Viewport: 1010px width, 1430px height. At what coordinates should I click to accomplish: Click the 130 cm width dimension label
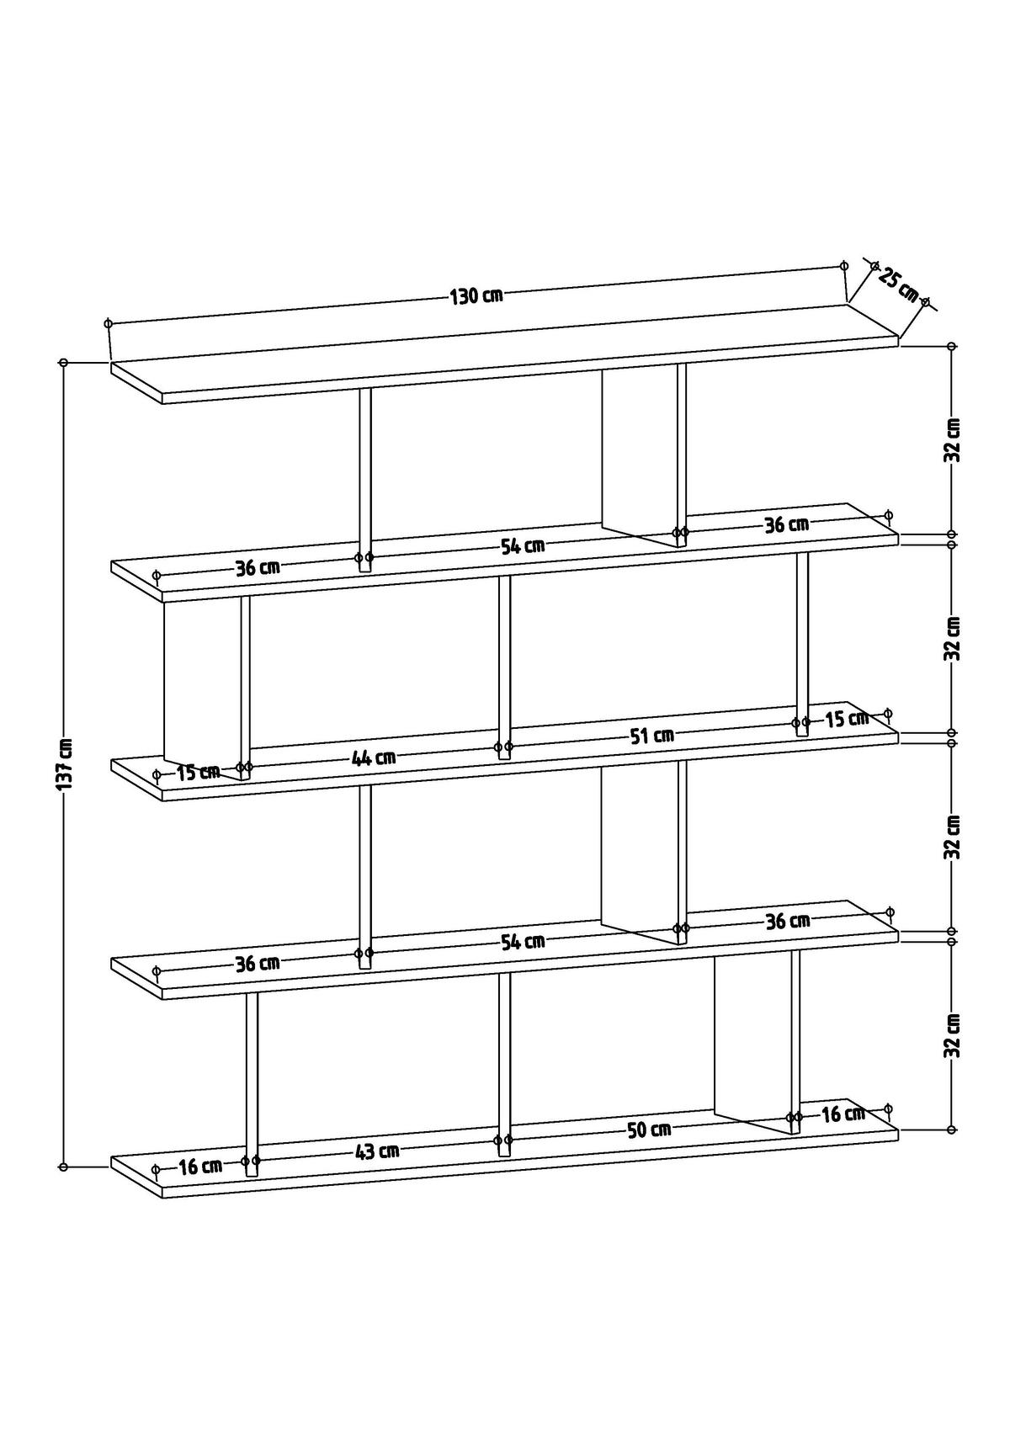pos(476,295)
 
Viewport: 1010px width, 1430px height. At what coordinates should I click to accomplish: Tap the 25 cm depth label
pos(898,284)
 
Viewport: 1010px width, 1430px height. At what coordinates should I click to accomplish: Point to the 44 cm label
pos(374,758)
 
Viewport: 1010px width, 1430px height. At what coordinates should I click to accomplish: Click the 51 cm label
pos(652,736)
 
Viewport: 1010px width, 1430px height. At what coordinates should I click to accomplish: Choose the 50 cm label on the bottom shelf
pos(649,1130)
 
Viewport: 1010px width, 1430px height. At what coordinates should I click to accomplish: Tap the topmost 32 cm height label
pos(952,439)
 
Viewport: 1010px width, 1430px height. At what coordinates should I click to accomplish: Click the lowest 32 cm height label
pos(952,1034)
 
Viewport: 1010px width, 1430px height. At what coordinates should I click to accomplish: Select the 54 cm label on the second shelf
pos(523,545)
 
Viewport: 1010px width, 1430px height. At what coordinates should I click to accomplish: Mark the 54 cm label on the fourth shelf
pos(523,941)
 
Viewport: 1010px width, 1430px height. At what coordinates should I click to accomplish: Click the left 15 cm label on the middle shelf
pos(199,771)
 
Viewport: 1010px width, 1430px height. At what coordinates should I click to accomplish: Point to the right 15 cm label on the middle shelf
pos(846,719)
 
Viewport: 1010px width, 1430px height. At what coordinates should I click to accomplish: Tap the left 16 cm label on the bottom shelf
pos(200,1167)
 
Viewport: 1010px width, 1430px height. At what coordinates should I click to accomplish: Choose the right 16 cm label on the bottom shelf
pos(843,1114)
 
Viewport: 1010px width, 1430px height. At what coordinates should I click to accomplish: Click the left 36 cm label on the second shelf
pos(258,567)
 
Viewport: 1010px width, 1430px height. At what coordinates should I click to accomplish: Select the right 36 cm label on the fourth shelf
pos(787,921)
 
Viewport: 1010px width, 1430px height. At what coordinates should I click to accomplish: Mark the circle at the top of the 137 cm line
pos(63,363)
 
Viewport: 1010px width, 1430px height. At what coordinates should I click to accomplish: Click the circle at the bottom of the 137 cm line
pos(63,1167)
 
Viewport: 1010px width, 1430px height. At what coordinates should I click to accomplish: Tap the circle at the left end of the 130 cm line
pos(108,323)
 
